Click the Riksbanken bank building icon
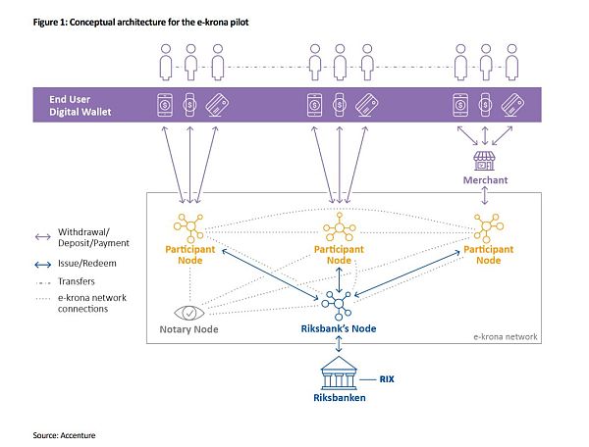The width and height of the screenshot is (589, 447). pyautogui.click(x=339, y=375)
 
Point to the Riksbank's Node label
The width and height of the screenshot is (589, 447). pyautogui.click(x=338, y=328)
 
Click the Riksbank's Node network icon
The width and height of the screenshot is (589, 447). pyautogui.click(x=338, y=301)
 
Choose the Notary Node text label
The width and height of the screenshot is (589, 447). pyautogui.click(x=202, y=329)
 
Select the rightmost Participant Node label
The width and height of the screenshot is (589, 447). pyautogui.click(x=488, y=255)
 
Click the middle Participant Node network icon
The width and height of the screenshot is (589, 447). pyautogui.click(x=339, y=225)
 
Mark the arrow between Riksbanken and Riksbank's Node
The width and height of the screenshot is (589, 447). pyautogui.click(x=339, y=345)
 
